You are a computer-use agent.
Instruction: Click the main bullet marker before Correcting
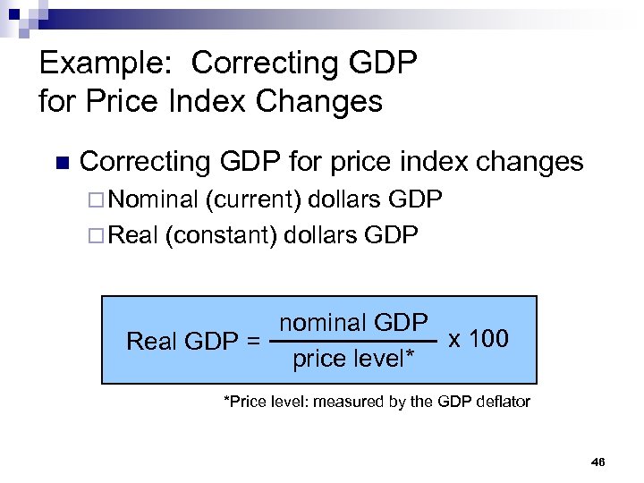[62, 163]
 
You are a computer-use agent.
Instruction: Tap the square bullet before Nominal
[97, 199]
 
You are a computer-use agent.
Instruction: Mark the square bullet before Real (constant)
[97, 235]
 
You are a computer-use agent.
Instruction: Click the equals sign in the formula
[253, 342]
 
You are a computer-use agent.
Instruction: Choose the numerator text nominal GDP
[353, 323]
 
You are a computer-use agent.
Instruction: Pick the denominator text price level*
[353, 360]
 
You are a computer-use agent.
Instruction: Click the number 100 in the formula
[490, 339]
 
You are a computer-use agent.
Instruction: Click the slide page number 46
[598, 462]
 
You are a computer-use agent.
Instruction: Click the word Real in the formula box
[152, 342]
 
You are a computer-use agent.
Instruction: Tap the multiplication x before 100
[455, 340]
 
